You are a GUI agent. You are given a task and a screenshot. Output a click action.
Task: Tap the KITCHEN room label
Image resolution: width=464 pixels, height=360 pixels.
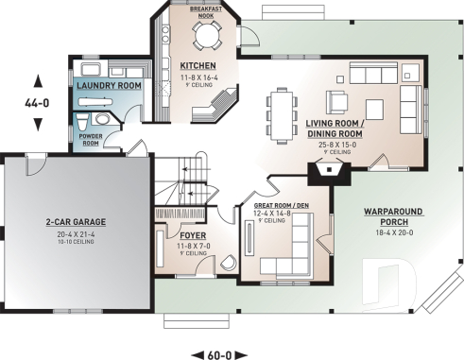pos(198,66)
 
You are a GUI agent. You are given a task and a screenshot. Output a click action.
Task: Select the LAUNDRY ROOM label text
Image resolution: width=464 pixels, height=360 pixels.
pos(108,86)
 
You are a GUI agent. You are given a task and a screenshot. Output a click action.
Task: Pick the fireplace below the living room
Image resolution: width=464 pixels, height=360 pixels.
pos(326,174)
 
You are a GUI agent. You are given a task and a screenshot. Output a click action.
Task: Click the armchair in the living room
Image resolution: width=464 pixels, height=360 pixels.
pos(337,101)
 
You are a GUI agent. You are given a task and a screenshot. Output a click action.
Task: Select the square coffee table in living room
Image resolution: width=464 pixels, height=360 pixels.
pos(369,99)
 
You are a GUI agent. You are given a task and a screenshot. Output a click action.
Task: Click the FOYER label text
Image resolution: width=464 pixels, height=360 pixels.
pos(193,234)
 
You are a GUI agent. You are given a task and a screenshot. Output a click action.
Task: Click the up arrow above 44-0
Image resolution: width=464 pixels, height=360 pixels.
pos(36,80)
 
